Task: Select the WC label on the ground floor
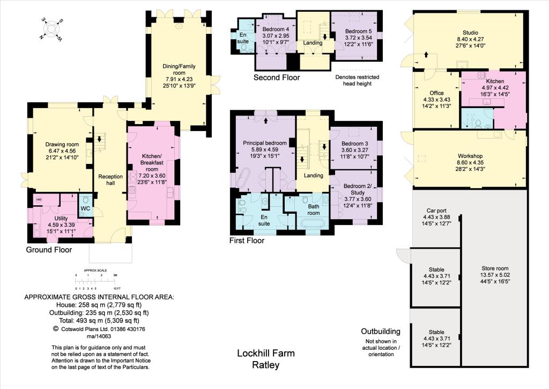tap(85, 208)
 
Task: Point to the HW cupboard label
tap(39, 200)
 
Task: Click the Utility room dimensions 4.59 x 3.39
tap(62, 225)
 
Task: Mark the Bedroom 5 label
tap(357, 31)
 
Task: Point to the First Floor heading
tap(247, 241)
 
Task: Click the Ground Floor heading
tap(49, 250)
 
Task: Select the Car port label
tap(438, 210)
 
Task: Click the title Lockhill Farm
tap(266, 354)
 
